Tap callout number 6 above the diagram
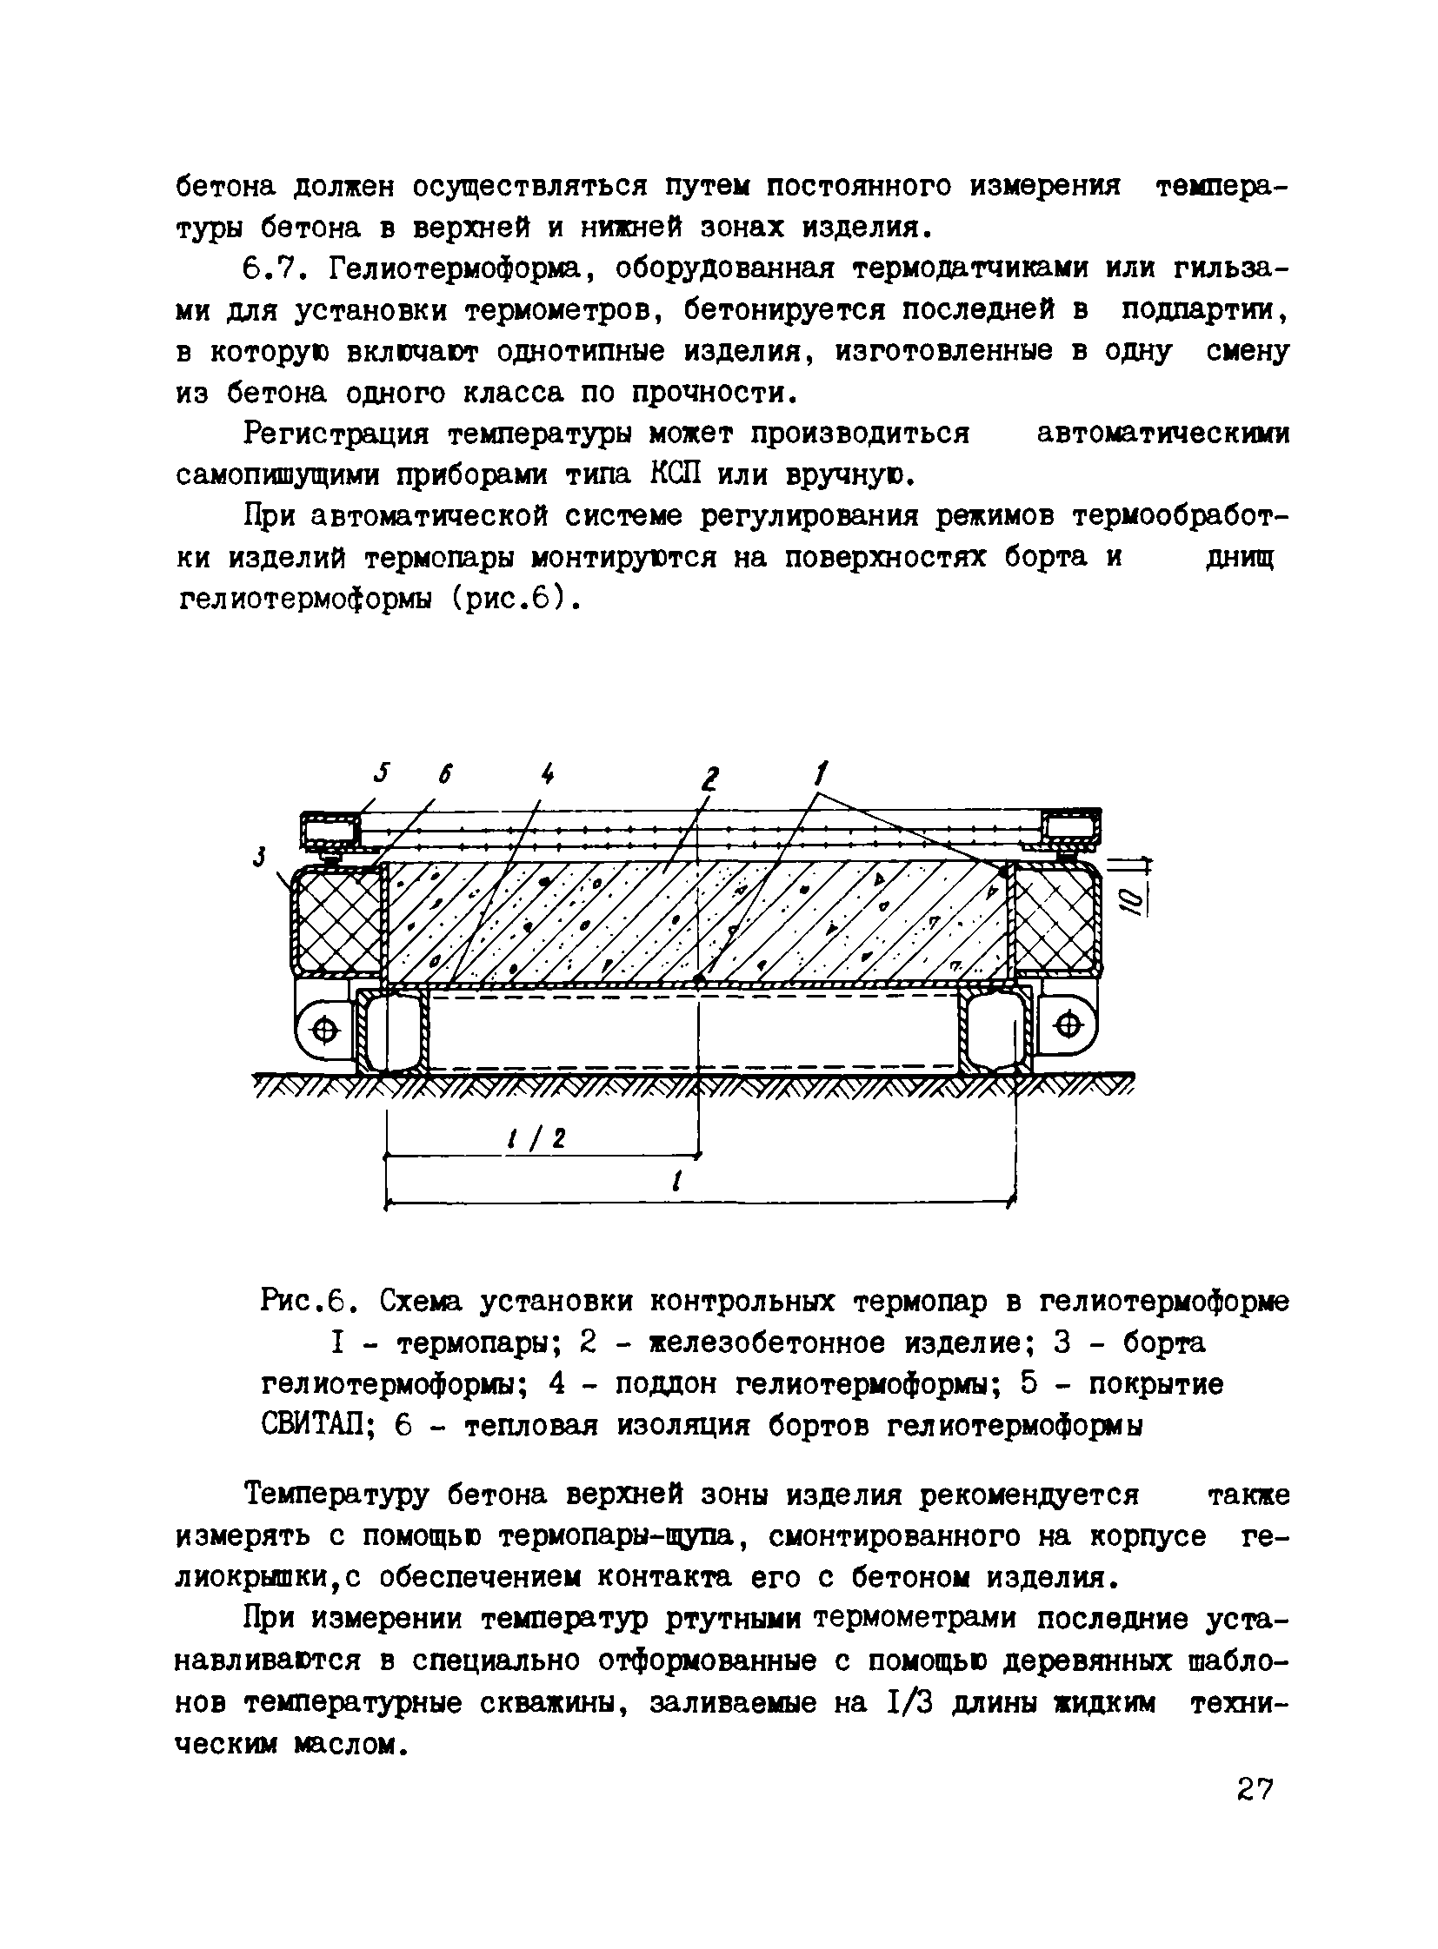click(x=446, y=773)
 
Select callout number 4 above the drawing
click(x=547, y=772)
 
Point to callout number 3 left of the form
click(x=258, y=857)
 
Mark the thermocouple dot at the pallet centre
click(x=699, y=980)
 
